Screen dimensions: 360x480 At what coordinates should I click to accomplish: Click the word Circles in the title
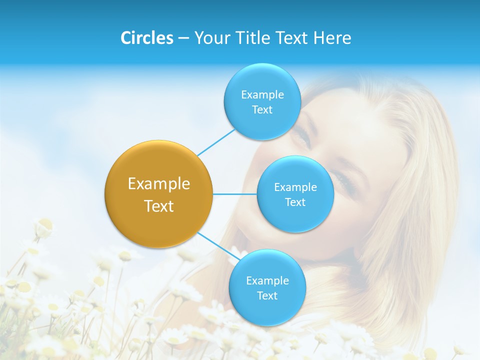[146, 38]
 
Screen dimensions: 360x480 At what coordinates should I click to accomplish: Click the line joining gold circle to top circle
[216, 142]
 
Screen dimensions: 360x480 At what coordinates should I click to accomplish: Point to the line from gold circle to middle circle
[235, 194]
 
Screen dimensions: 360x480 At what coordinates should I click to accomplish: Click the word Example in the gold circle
[158, 183]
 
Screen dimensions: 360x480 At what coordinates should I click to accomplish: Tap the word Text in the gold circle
[158, 206]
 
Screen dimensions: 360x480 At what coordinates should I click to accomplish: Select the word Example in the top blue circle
[262, 94]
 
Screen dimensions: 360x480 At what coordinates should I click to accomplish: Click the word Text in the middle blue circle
[295, 202]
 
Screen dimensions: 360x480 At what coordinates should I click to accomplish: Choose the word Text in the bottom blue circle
[267, 295]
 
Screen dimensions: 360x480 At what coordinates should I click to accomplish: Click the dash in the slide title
[183, 38]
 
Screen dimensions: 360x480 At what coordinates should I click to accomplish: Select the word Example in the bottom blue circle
[267, 280]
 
